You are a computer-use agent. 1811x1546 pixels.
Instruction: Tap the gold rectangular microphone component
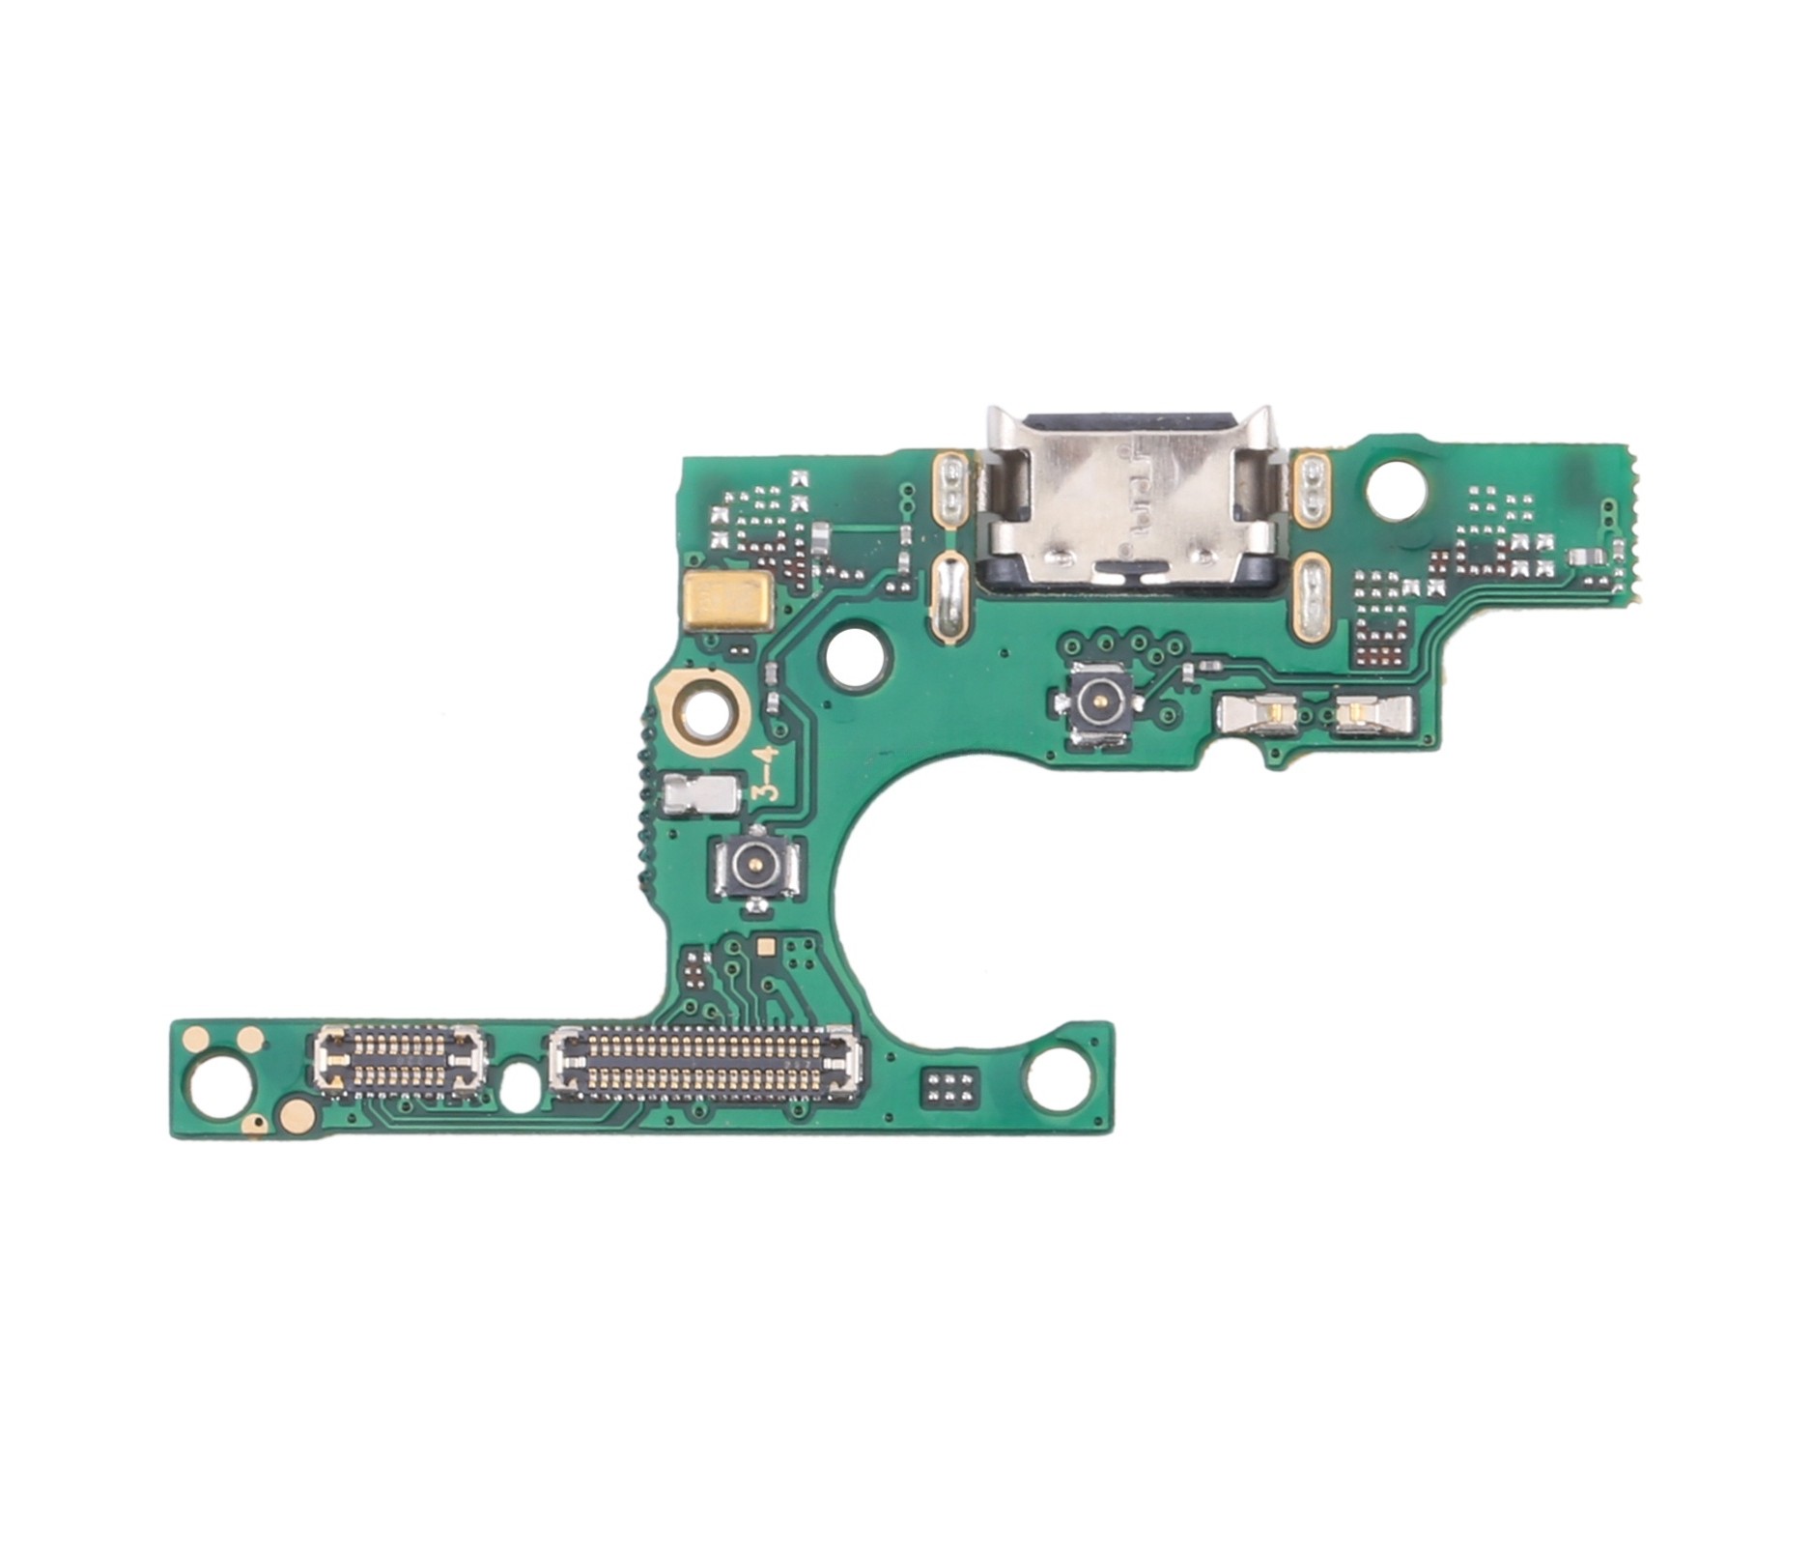pos(727,600)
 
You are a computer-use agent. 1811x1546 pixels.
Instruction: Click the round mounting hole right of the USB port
pos(1396,486)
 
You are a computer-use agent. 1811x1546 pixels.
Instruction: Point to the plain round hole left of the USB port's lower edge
pos(856,657)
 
